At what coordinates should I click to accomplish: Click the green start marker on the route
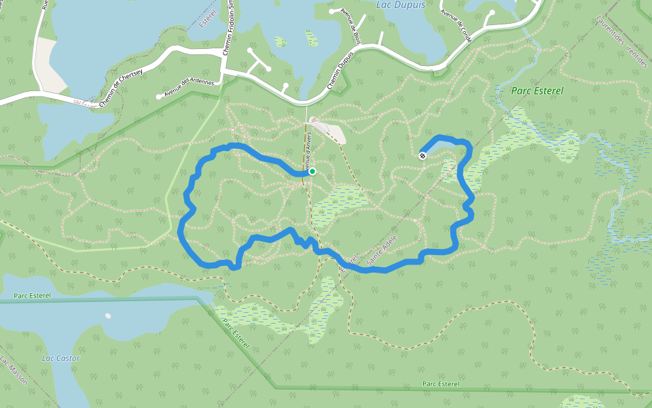[312, 171]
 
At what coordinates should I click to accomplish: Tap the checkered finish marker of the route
[422, 156]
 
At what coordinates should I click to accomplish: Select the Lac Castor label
[60, 358]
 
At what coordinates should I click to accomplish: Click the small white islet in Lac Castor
[108, 316]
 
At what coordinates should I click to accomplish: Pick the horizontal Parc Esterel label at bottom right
[440, 384]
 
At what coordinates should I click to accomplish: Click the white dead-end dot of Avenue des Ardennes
[159, 97]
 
